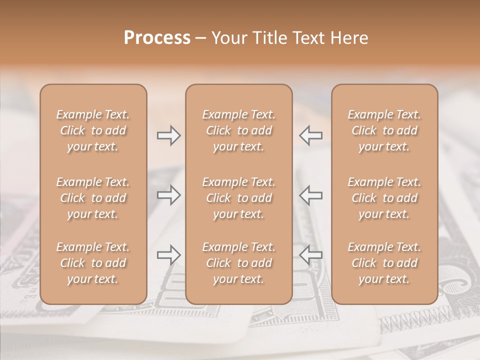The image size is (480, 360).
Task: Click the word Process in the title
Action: [x=157, y=38]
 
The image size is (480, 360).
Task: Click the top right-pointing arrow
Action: [x=168, y=135]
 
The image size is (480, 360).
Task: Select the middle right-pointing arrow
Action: [x=168, y=195]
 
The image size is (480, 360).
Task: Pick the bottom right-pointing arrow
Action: [x=168, y=255]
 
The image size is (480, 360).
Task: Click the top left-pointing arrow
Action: [x=310, y=135]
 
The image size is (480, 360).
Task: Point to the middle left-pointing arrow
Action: [x=310, y=195]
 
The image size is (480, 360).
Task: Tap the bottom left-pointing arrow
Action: [x=310, y=255]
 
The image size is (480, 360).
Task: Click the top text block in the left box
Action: [x=93, y=130]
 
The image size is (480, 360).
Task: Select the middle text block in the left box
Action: [x=93, y=198]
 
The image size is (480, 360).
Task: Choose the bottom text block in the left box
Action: [x=93, y=263]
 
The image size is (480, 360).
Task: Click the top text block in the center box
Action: [x=239, y=130]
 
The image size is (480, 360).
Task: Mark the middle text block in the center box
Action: [x=239, y=198]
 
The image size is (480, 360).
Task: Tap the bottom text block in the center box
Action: [x=239, y=263]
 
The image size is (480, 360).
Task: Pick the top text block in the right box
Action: [x=384, y=130]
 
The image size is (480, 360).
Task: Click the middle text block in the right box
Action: [x=384, y=198]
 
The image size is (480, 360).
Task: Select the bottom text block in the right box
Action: [x=384, y=263]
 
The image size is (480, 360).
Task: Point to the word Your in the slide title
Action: [x=229, y=38]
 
